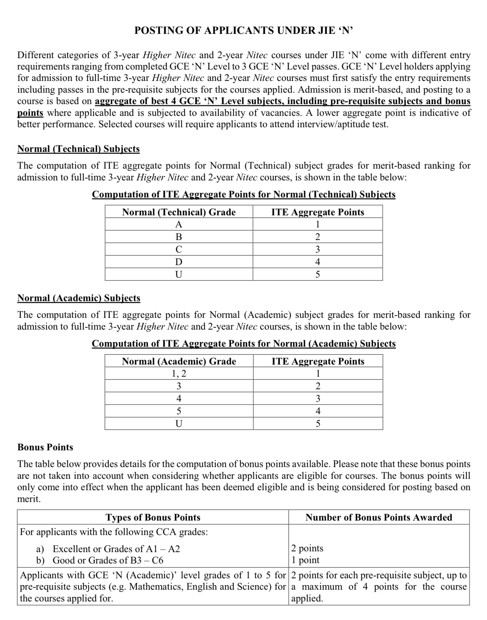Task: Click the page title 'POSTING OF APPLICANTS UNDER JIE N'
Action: [x=243, y=31]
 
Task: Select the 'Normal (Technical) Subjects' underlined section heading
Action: [x=79, y=149]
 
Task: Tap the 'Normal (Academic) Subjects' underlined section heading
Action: [x=79, y=298]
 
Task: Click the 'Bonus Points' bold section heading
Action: [x=45, y=447]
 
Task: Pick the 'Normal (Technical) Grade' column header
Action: [x=179, y=212]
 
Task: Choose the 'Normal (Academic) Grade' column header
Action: [x=179, y=361]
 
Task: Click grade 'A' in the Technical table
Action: [x=179, y=224]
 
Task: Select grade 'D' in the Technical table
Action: [x=179, y=262]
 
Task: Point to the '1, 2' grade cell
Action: [x=179, y=374]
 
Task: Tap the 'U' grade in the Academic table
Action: [x=179, y=424]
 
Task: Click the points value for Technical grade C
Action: [x=317, y=249]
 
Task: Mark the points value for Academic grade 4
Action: [x=318, y=399]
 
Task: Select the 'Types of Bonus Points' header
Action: [x=153, y=517]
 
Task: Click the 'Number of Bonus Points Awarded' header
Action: [x=379, y=517]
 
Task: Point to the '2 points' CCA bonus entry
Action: [x=307, y=548]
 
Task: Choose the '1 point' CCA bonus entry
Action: [x=305, y=560]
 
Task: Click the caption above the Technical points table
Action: [x=243, y=195]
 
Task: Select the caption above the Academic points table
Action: [x=243, y=344]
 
